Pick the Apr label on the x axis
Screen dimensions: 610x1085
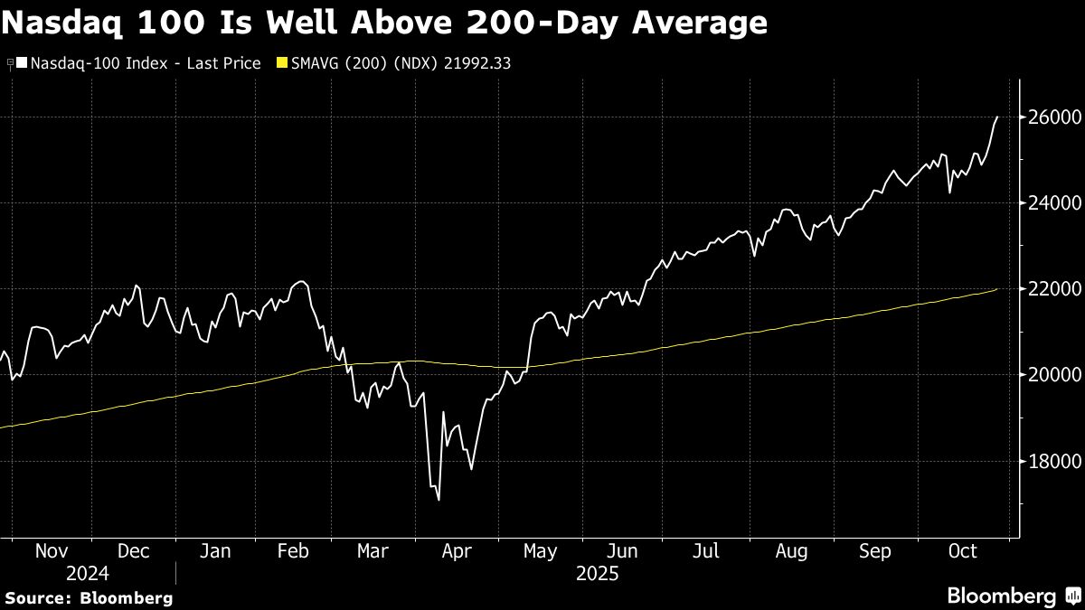tap(457, 551)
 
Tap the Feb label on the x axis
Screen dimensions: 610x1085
tap(293, 551)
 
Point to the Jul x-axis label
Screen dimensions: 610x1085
tap(707, 551)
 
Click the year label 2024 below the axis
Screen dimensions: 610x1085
tap(88, 574)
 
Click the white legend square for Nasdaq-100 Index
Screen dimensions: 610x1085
tap(22, 63)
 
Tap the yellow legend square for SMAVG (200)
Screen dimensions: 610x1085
tap(281, 63)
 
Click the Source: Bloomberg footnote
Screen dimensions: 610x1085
tap(90, 597)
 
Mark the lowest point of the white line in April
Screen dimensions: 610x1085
tap(439, 500)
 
